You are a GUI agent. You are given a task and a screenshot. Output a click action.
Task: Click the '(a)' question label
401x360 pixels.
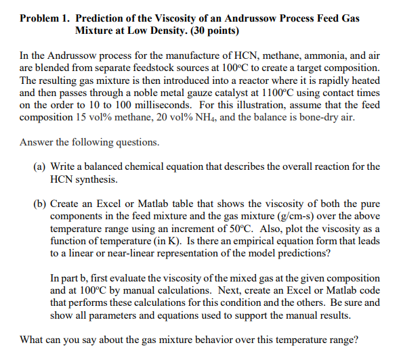click(40, 166)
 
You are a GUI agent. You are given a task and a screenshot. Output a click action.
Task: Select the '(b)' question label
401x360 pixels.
click(41, 203)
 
